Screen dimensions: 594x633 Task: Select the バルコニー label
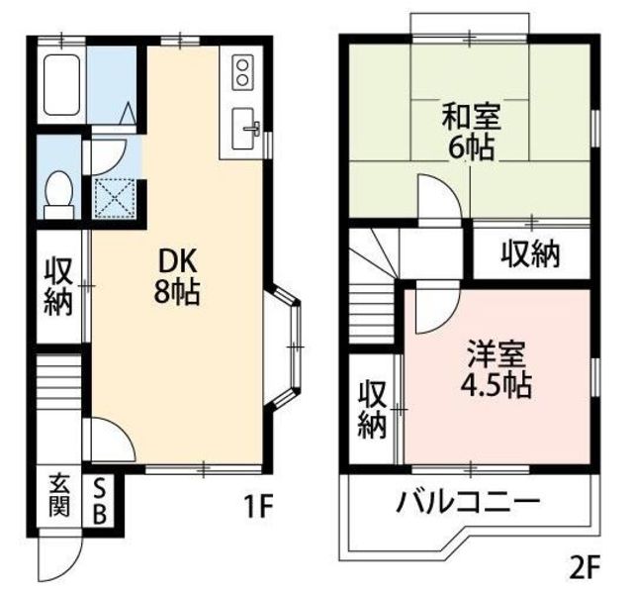coord(469,501)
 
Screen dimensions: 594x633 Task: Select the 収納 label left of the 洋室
coord(371,409)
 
